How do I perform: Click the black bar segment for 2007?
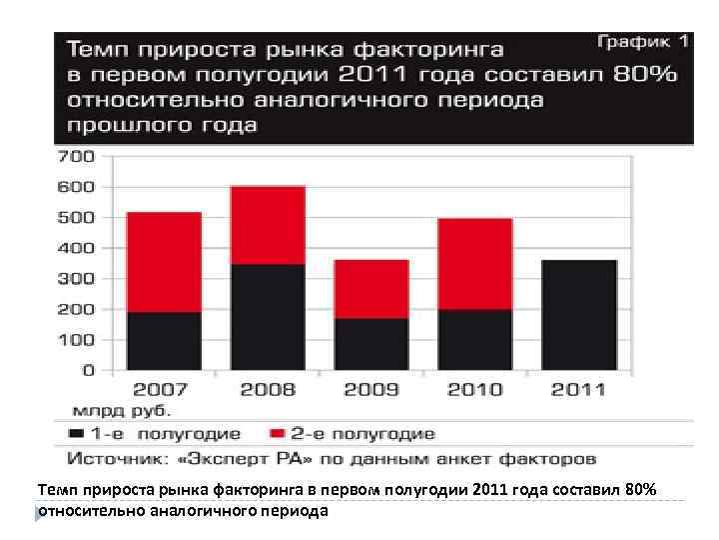tap(164, 340)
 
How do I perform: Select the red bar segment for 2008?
tap(268, 225)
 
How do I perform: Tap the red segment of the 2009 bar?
tap(371, 289)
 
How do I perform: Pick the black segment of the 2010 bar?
tap(475, 339)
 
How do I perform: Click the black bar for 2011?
tap(579, 314)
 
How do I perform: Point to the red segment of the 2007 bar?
tap(164, 262)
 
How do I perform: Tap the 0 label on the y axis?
tap(88, 371)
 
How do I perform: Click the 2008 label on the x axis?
tap(268, 389)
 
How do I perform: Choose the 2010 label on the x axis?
tap(475, 389)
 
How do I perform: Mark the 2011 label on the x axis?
tap(579, 389)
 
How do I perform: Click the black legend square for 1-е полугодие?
tap(77, 434)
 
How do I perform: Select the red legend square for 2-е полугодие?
tap(279, 434)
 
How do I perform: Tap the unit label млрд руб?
tap(121, 410)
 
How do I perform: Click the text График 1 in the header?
tap(643, 42)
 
